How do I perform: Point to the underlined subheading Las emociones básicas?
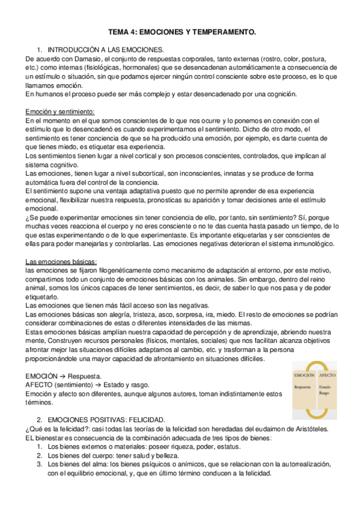(61, 245)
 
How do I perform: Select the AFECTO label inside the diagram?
(328, 375)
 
